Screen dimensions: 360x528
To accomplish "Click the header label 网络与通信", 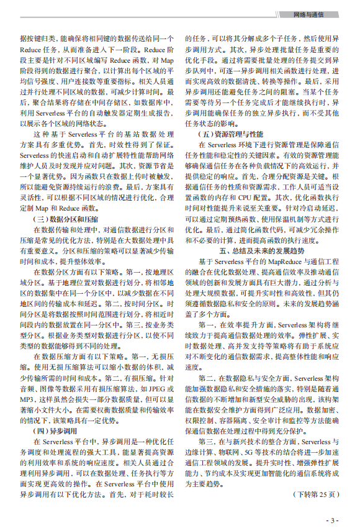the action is pos(316,14).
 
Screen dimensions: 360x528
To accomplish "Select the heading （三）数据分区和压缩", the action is pos(65,219).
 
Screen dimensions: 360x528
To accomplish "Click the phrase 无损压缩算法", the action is pos(77,366).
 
